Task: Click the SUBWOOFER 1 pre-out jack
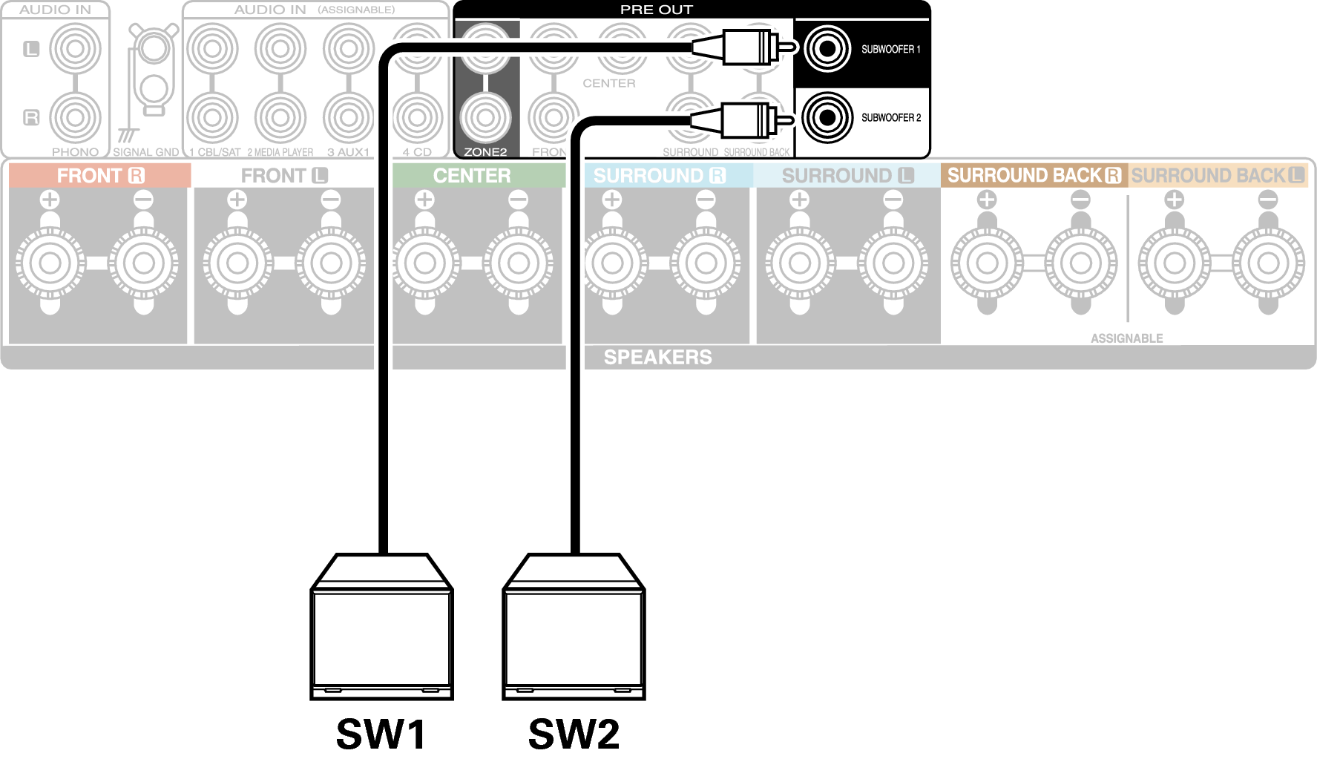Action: (827, 49)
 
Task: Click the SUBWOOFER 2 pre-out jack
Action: (827, 117)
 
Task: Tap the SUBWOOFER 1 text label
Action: (890, 50)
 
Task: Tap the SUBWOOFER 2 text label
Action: (890, 118)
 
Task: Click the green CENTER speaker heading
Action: (472, 176)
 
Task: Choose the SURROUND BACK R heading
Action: (1034, 176)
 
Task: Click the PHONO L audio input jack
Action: (75, 49)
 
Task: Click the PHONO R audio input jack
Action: (75, 117)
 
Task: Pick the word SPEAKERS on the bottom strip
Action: (657, 357)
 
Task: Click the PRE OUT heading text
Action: (656, 10)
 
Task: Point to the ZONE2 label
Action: (485, 152)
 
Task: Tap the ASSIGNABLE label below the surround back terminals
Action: (1126, 338)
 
